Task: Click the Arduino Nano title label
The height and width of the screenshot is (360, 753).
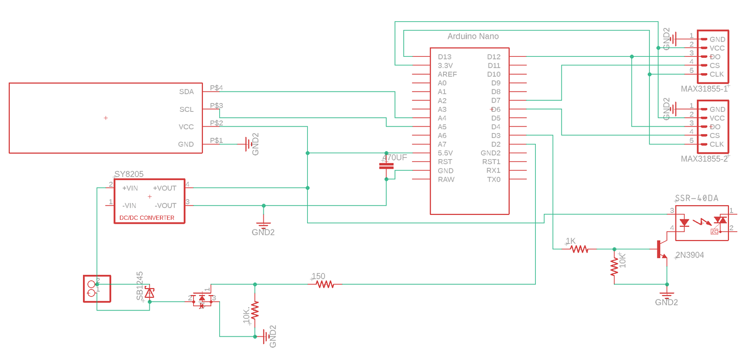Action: coord(473,37)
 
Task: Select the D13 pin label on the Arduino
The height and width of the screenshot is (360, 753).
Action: coord(445,57)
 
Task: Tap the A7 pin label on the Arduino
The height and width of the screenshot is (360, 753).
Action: coord(442,144)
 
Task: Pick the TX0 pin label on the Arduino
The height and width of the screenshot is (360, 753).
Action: coord(493,179)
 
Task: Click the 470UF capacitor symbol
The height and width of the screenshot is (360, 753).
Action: coord(386,165)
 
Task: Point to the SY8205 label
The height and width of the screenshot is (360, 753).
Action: coord(129,174)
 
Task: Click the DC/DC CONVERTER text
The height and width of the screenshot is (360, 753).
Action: coord(147,218)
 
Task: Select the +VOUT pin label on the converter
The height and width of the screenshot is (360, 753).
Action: coord(164,188)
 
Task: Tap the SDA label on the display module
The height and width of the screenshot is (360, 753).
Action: coord(186,92)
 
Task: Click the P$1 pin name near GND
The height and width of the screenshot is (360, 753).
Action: coord(216,140)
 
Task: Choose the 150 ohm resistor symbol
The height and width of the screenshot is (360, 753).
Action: coord(325,284)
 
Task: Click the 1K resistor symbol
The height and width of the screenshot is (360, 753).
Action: coord(579,249)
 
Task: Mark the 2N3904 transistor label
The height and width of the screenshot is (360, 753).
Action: coord(689,255)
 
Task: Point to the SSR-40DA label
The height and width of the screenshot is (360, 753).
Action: coord(696,198)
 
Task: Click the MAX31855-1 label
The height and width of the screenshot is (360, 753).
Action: coord(704,88)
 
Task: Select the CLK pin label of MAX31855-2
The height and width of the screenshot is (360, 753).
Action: coord(716,144)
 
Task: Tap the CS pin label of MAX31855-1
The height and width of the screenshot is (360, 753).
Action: coord(714,65)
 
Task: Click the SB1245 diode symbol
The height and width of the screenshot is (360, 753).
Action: coord(149,293)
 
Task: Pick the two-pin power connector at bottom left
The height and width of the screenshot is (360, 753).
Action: coord(97,289)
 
